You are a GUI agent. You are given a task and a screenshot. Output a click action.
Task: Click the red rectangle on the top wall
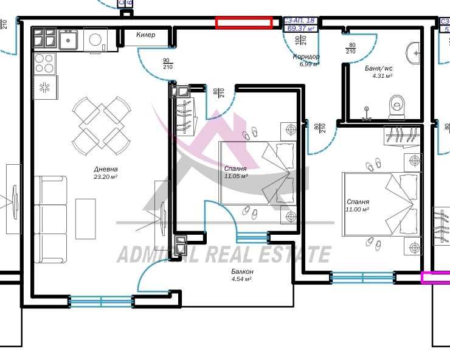(x=244, y=22)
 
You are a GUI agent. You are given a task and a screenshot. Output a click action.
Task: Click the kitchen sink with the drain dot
(x=68, y=40)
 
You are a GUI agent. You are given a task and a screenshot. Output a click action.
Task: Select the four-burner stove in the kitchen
(x=44, y=63)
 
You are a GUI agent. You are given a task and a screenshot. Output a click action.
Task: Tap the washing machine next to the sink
(x=97, y=40)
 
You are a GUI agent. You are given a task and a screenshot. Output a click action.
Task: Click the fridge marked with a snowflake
(x=44, y=88)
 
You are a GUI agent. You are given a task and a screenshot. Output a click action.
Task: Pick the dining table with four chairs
(x=101, y=126)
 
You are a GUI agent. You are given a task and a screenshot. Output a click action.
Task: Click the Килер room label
(x=145, y=35)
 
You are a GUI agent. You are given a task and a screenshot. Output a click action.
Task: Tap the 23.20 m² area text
(x=105, y=178)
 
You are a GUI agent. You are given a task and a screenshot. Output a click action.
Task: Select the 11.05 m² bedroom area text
(x=235, y=176)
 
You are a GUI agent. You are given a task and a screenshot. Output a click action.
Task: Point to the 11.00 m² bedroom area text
(x=358, y=209)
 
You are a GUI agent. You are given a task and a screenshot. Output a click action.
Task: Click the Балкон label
(x=242, y=271)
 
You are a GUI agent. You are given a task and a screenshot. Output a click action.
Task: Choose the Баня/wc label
(x=378, y=69)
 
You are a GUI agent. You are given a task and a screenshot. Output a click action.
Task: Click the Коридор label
(x=306, y=57)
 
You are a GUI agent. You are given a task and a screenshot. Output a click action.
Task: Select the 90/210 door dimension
(x=167, y=63)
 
